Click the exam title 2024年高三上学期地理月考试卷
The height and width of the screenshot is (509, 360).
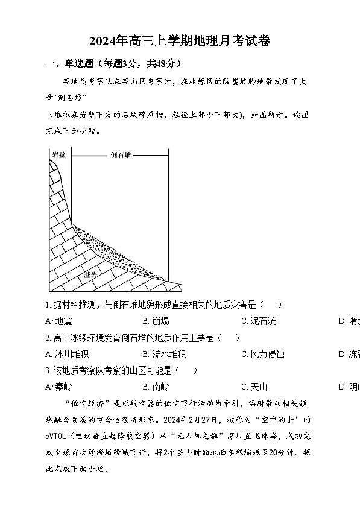(180, 42)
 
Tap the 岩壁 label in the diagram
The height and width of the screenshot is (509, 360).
(58, 155)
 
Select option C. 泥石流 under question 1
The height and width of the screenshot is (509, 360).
(258, 321)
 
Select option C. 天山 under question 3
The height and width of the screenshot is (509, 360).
(254, 387)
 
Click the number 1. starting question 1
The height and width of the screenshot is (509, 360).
(48, 305)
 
